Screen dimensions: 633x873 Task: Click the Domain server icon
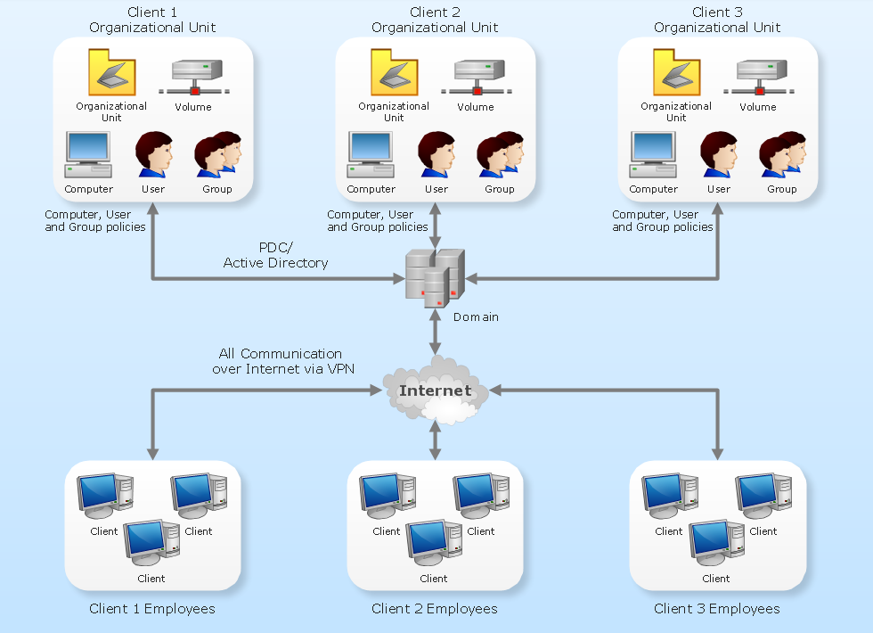click(435, 277)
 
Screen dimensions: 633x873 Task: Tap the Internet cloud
click(435, 390)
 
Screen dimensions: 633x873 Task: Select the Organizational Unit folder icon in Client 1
click(111, 72)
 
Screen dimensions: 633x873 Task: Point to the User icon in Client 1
click(153, 155)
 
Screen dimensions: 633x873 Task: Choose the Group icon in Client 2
click(500, 155)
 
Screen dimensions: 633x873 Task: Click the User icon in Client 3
click(718, 155)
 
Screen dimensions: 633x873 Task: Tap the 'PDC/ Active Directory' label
click(275, 255)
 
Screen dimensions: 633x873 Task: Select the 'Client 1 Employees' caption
click(152, 609)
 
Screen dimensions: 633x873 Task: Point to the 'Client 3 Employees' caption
click(717, 609)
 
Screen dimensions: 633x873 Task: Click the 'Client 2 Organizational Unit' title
click(435, 20)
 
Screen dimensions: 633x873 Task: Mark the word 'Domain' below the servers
click(476, 317)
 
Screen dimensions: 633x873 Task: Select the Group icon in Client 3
click(782, 155)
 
